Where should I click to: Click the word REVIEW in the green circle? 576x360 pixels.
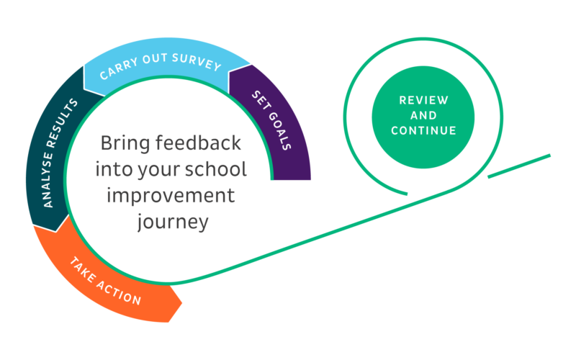(423, 100)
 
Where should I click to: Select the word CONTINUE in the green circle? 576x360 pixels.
(423, 131)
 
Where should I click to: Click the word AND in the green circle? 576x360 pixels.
(423, 115)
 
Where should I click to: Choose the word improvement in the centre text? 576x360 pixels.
(171, 196)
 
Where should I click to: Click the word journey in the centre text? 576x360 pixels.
(172, 222)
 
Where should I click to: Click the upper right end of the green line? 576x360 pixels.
(550, 154)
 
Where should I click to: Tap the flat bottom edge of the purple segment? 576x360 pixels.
(292, 179)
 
